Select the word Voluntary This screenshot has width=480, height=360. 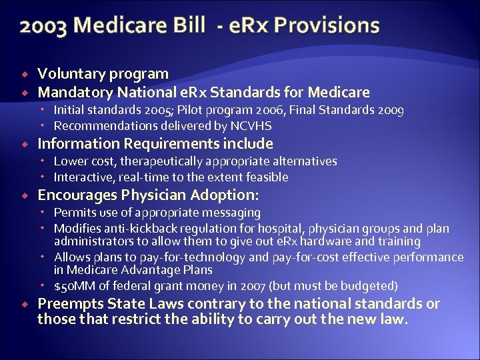click(x=67, y=74)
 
